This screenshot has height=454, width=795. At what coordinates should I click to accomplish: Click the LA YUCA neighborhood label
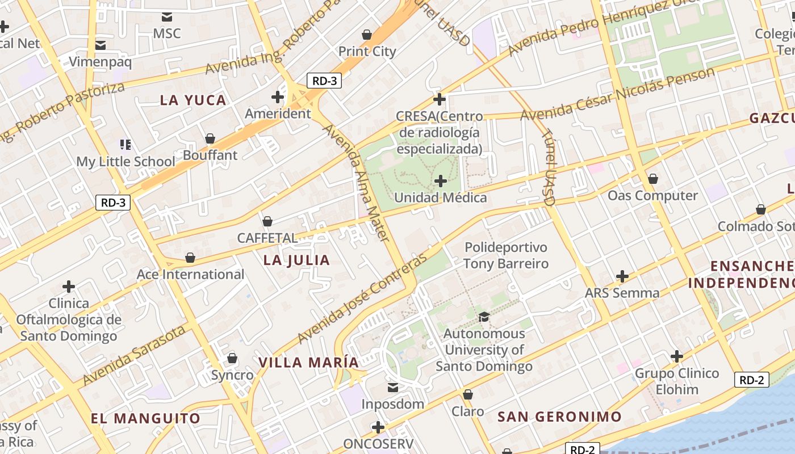pyautogui.click(x=193, y=100)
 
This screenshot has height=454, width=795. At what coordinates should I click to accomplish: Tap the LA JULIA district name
pyautogui.click(x=296, y=260)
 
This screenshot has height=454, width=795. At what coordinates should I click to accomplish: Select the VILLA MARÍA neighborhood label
pyautogui.click(x=309, y=363)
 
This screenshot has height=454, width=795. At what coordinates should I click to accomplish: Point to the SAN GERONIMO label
pyautogui.click(x=560, y=417)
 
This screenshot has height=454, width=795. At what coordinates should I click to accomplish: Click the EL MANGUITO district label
pyautogui.click(x=146, y=419)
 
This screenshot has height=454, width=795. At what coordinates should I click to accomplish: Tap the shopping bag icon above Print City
pyautogui.click(x=367, y=35)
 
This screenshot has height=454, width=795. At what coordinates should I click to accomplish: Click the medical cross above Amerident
pyautogui.click(x=278, y=97)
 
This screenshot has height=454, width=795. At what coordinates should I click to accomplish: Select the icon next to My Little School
pyautogui.click(x=125, y=145)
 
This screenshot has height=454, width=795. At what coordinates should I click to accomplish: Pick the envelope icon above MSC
pyautogui.click(x=167, y=17)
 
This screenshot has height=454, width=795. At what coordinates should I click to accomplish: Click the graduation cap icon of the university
pyautogui.click(x=484, y=317)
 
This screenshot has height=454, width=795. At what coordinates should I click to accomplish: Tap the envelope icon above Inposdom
pyautogui.click(x=392, y=388)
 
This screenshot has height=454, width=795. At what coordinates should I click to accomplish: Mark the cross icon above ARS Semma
pyautogui.click(x=622, y=276)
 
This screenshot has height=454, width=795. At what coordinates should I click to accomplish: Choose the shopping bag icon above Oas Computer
pyautogui.click(x=653, y=179)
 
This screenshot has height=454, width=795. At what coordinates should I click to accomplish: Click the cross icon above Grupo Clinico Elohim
pyautogui.click(x=676, y=356)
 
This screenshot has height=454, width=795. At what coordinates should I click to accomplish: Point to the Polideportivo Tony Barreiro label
pyautogui.click(x=505, y=255)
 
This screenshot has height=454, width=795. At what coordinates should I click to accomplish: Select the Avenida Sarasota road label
pyautogui.click(x=135, y=355)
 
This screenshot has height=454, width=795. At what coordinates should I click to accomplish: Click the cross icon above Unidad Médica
pyautogui.click(x=441, y=181)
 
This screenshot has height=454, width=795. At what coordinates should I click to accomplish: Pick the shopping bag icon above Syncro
pyautogui.click(x=232, y=358)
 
